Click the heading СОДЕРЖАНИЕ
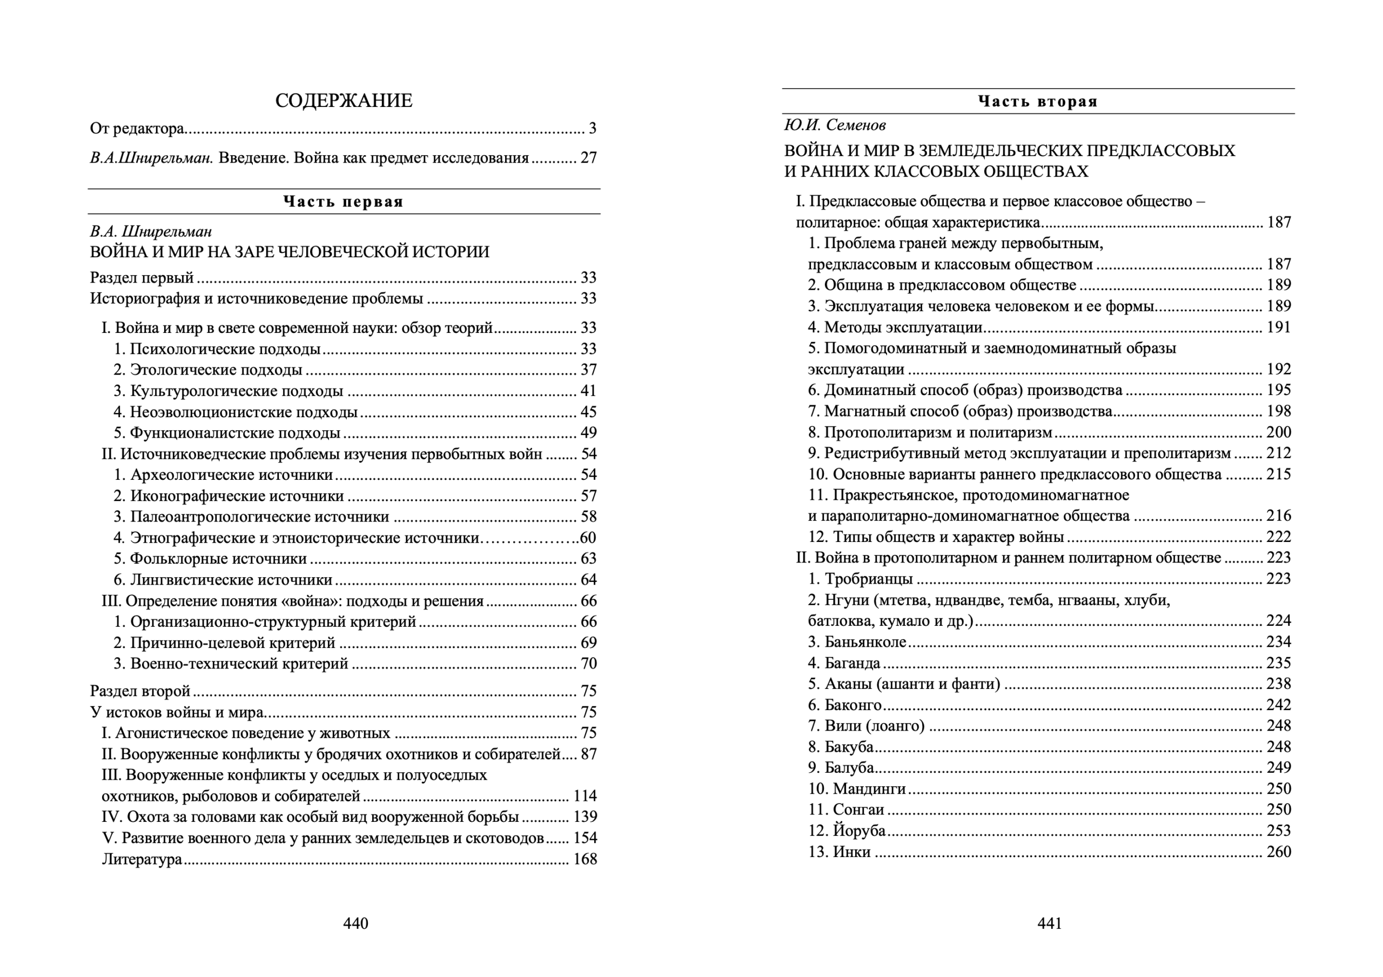pos(344,101)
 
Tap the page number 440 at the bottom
pos(355,923)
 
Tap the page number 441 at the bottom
pos(1049,923)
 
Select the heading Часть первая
pos(344,202)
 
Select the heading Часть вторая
pos(1038,101)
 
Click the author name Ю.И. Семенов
pos(835,125)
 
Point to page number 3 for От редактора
pos(592,128)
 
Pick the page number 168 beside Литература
pos(585,859)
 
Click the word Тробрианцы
pos(869,579)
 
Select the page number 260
pos(1278,852)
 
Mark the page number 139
pos(585,817)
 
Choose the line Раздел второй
pos(140,691)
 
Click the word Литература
pos(142,859)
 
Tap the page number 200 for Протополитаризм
pos(1278,432)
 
